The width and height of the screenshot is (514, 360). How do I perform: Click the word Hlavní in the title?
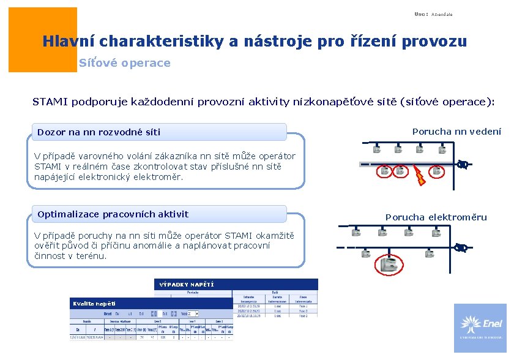(x=69, y=42)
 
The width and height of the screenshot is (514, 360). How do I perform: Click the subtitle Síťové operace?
(x=124, y=63)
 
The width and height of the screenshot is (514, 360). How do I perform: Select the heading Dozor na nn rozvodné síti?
(x=99, y=132)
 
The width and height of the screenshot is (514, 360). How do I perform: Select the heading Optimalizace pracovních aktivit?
(x=113, y=214)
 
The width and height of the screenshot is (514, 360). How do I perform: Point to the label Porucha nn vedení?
(x=456, y=132)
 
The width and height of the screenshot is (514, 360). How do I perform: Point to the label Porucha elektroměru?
(x=436, y=217)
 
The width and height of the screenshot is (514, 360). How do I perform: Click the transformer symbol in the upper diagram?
(x=463, y=164)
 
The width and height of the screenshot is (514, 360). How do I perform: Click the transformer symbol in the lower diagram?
(x=461, y=248)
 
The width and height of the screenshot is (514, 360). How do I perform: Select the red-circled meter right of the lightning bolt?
(x=437, y=171)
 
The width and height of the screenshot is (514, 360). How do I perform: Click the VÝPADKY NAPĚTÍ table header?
(x=187, y=285)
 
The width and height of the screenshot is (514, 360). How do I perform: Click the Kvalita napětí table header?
(x=94, y=304)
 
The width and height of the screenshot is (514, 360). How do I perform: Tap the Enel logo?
(x=480, y=328)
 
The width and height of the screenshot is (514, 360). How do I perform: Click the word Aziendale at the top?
(x=442, y=14)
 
